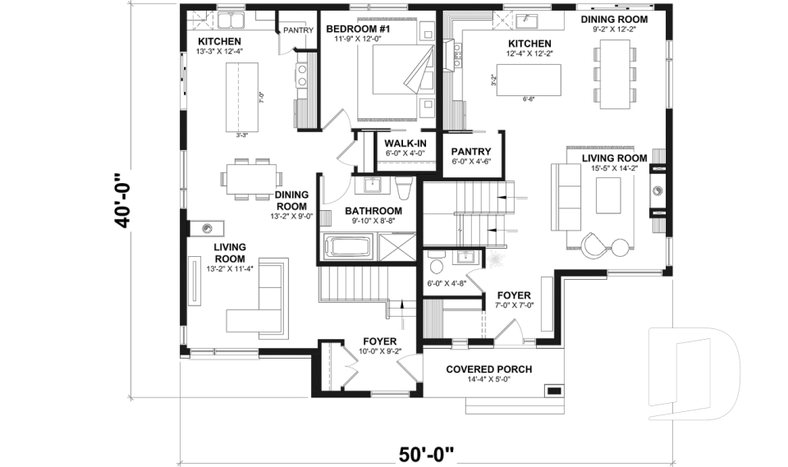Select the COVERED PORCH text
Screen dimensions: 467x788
point(488,369)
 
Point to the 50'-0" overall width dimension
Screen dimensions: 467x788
point(426,452)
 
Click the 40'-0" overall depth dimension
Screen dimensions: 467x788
point(123,201)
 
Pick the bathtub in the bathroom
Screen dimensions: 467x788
point(349,245)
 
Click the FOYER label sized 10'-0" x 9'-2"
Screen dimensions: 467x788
point(380,341)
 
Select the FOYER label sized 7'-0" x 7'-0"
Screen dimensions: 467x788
point(514,295)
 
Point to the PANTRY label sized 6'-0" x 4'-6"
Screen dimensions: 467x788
point(471,152)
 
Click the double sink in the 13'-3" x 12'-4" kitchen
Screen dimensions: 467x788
point(231,21)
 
